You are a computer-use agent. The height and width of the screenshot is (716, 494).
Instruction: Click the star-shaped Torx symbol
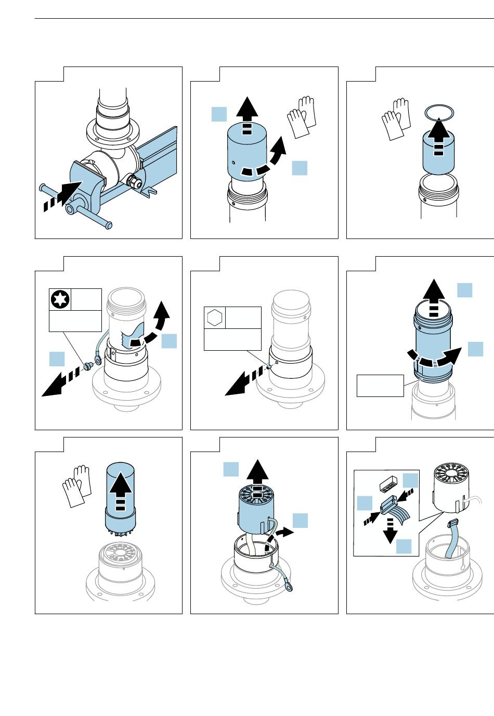coord(60,300)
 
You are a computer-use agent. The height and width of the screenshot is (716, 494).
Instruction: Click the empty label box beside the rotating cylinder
coord(380,386)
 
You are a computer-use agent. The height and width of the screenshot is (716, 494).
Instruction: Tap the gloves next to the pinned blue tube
coord(76,485)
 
